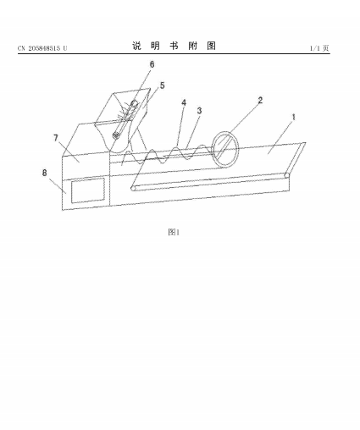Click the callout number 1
coord(294,117)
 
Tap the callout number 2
coord(260,100)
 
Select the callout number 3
coord(199,111)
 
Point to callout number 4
coord(184,102)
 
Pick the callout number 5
coord(163,85)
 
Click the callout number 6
coord(152,64)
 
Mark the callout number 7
coord(56,138)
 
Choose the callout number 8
coord(45,173)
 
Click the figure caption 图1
coord(174,232)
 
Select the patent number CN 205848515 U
coord(42,48)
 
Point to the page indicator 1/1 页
coord(319,48)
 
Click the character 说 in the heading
coord(136,46)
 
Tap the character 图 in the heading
coord(212,46)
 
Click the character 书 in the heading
coord(174,46)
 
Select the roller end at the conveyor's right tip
coord(286,175)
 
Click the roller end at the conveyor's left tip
coord(133,188)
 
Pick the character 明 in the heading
coord(155,46)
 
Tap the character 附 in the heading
coord(193,46)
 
